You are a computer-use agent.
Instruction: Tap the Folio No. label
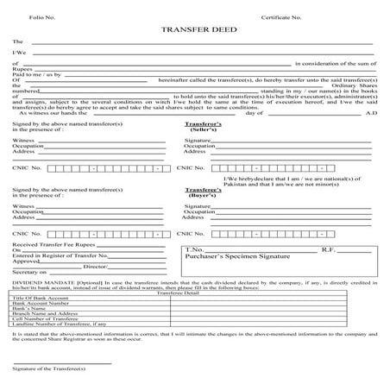pos(34,16)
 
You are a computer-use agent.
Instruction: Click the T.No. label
pos(194,249)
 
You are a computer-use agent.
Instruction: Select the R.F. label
pos(330,249)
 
